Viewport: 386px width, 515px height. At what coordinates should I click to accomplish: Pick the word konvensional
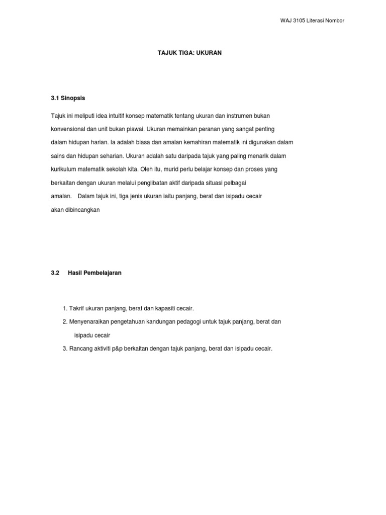coord(71,129)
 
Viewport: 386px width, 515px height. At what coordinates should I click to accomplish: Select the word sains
coord(58,156)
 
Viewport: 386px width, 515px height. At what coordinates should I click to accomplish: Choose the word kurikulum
coord(64,169)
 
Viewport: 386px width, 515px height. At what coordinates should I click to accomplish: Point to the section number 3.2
coord(55,273)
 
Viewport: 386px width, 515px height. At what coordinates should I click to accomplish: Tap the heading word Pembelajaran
coord(103,273)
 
